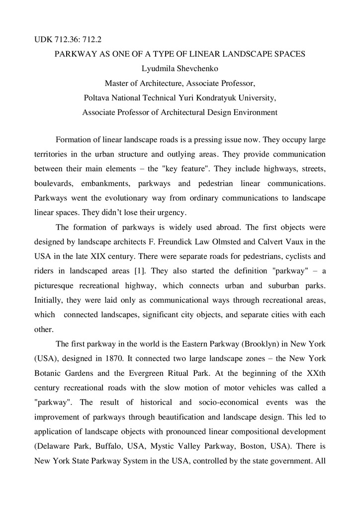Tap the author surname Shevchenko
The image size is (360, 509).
(196, 68)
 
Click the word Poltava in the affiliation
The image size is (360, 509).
(97, 97)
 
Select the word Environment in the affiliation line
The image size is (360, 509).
(252, 112)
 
